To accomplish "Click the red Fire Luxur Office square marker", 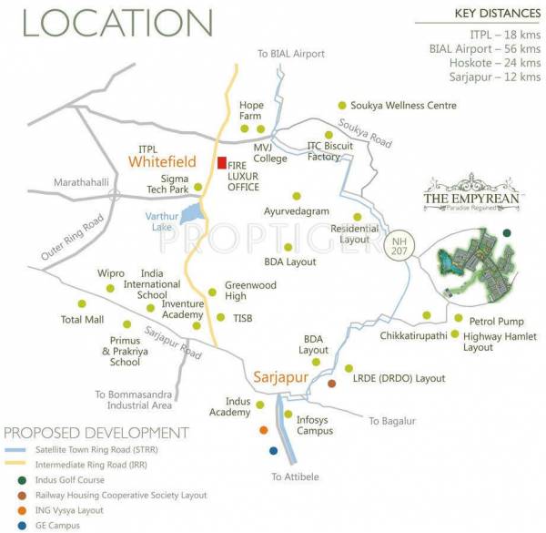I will (221, 163).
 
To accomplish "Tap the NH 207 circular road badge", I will (397, 245).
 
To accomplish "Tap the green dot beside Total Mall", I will (82, 303).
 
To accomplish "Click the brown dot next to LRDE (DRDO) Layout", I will (332, 383).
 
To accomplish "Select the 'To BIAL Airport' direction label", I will (291, 54).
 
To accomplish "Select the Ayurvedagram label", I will (295, 211).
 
